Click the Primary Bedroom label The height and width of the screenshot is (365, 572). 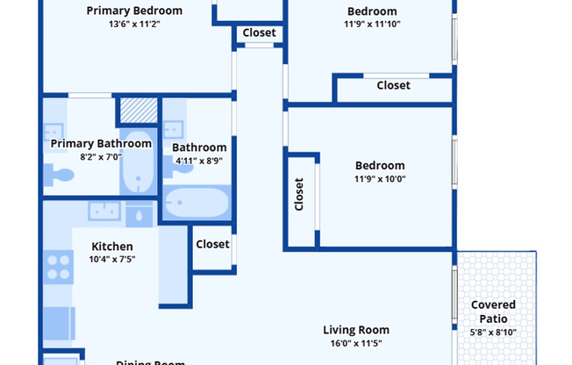coord(134,11)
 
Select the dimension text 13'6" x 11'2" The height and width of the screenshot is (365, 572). coord(134,25)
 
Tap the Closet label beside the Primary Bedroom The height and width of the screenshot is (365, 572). coord(259,33)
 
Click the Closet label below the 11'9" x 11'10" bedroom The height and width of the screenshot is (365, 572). coord(393,85)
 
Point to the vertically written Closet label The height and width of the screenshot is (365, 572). coord(299,195)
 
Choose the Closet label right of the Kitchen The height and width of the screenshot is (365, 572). coord(212,244)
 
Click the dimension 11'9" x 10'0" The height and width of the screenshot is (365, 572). coord(380,179)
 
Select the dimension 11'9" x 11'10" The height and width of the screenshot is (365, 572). coord(373,25)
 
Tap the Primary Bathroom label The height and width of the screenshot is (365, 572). coord(101,143)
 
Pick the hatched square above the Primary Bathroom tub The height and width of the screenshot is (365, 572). coord(138,110)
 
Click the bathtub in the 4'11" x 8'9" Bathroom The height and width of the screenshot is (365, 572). coord(197,204)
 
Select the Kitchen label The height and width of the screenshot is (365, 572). coord(113,247)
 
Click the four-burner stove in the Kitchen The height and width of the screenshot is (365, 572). coord(59,266)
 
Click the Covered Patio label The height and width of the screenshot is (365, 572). coord(493,311)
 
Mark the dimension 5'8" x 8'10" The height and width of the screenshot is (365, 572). coord(493,332)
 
